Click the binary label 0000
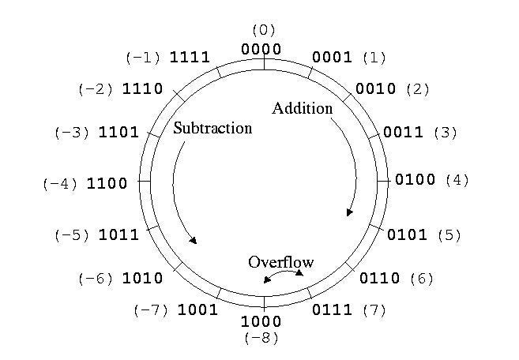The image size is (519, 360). click(x=262, y=49)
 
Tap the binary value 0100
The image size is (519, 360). click(x=416, y=180)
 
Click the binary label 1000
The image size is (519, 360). click(x=261, y=322)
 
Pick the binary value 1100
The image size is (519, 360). click(x=107, y=184)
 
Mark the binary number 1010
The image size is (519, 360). click(x=143, y=278)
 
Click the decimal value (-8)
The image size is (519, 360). click(x=261, y=338)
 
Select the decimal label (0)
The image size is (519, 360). click(x=262, y=30)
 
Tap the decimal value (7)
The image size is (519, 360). click(x=374, y=310)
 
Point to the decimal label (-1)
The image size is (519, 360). click(x=144, y=58)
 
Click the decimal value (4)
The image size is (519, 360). click(x=457, y=180)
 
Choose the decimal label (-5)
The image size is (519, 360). click(x=73, y=234)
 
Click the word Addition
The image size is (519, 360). click(x=303, y=108)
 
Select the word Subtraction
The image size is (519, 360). click(x=212, y=128)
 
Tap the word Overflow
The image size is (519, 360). click(x=281, y=262)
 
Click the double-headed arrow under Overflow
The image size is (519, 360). click(x=283, y=274)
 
